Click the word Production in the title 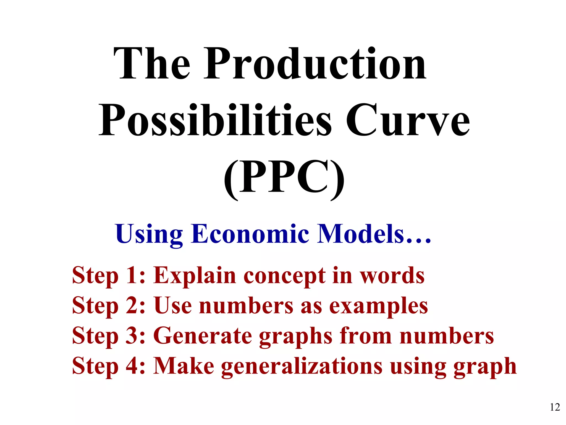[315, 64]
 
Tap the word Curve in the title [407, 121]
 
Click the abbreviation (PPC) [284, 177]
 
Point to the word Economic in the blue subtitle [250, 234]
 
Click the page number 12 [555, 407]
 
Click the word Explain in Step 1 [195, 276]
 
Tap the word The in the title [152, 64]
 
